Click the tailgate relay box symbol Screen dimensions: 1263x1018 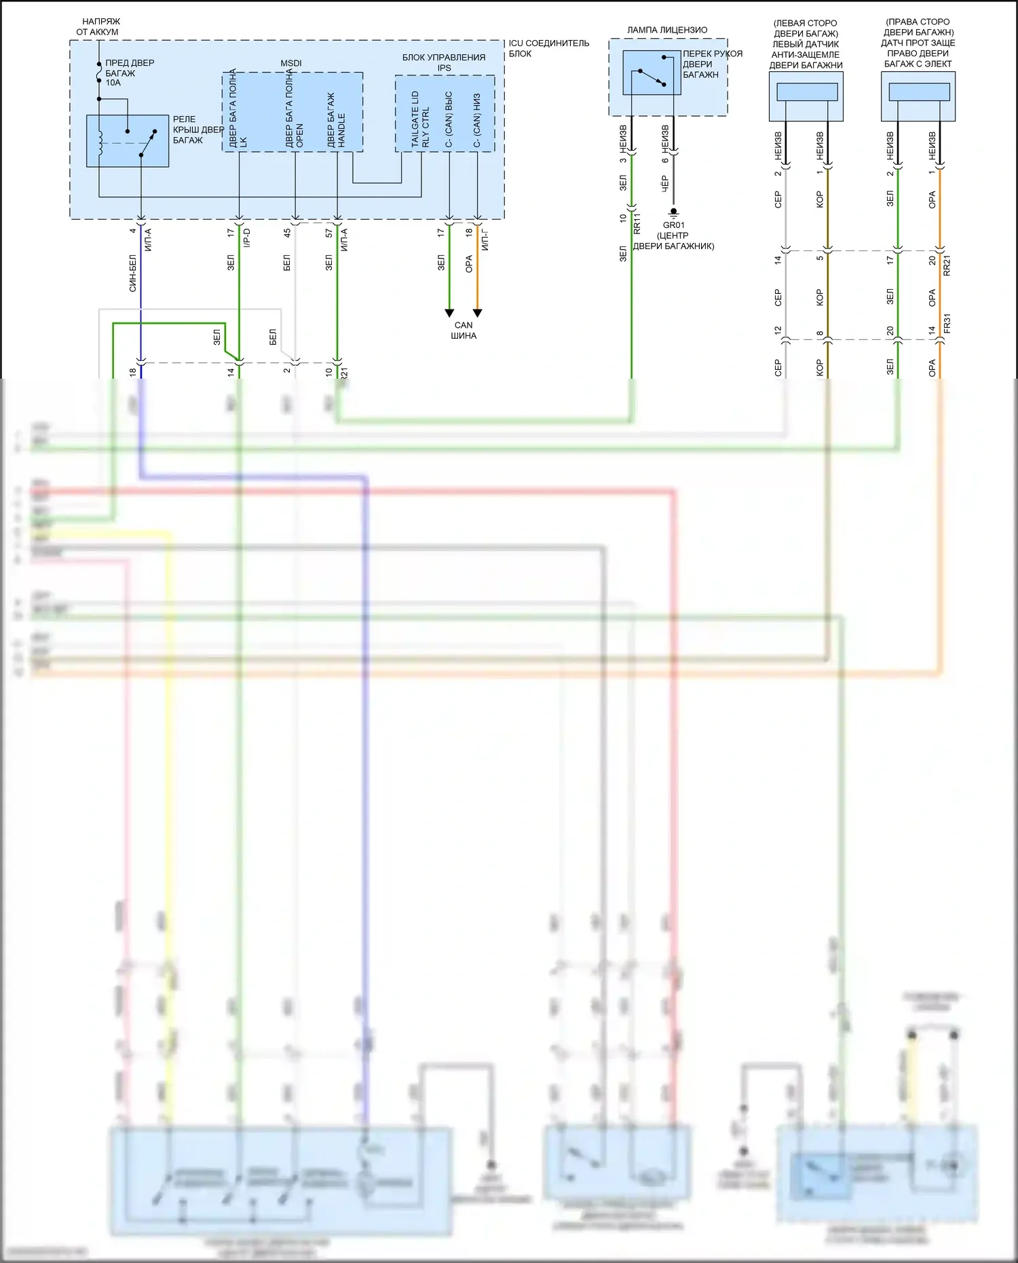[x=128, y=140]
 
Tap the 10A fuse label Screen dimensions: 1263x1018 [x=113, y=83]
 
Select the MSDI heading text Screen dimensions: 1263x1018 [x=291, y=63]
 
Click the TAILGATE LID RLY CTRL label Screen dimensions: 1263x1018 [x=420, y=119]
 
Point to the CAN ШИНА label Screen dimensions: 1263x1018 [x=464, y=331]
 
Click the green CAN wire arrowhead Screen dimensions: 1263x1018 [x=449, y=313]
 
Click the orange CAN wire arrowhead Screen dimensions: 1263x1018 [x=478, y=313]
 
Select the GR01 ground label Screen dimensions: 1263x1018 [x=674, y=225]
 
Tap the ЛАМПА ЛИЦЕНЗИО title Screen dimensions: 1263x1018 [x=667, y=30]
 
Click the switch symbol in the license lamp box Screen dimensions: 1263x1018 [x=652, y=73]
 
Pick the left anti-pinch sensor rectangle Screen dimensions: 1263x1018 [x=806, y=92]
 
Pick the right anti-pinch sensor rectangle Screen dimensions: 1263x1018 [x=919, y=92]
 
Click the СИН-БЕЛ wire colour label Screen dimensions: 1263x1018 [x=133, y=273]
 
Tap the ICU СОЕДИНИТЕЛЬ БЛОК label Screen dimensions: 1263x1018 [x=548, y=48]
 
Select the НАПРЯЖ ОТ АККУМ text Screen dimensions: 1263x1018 [x=98, y=26]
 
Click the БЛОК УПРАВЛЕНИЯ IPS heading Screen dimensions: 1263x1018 [x=444, y=62]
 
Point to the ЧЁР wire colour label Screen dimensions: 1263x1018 [x=665, y=183]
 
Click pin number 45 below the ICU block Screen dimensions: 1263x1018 [x=287, y=233]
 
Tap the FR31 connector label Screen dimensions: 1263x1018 [x=947, y=323]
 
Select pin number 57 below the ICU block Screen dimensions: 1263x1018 [x=329, y=233]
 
